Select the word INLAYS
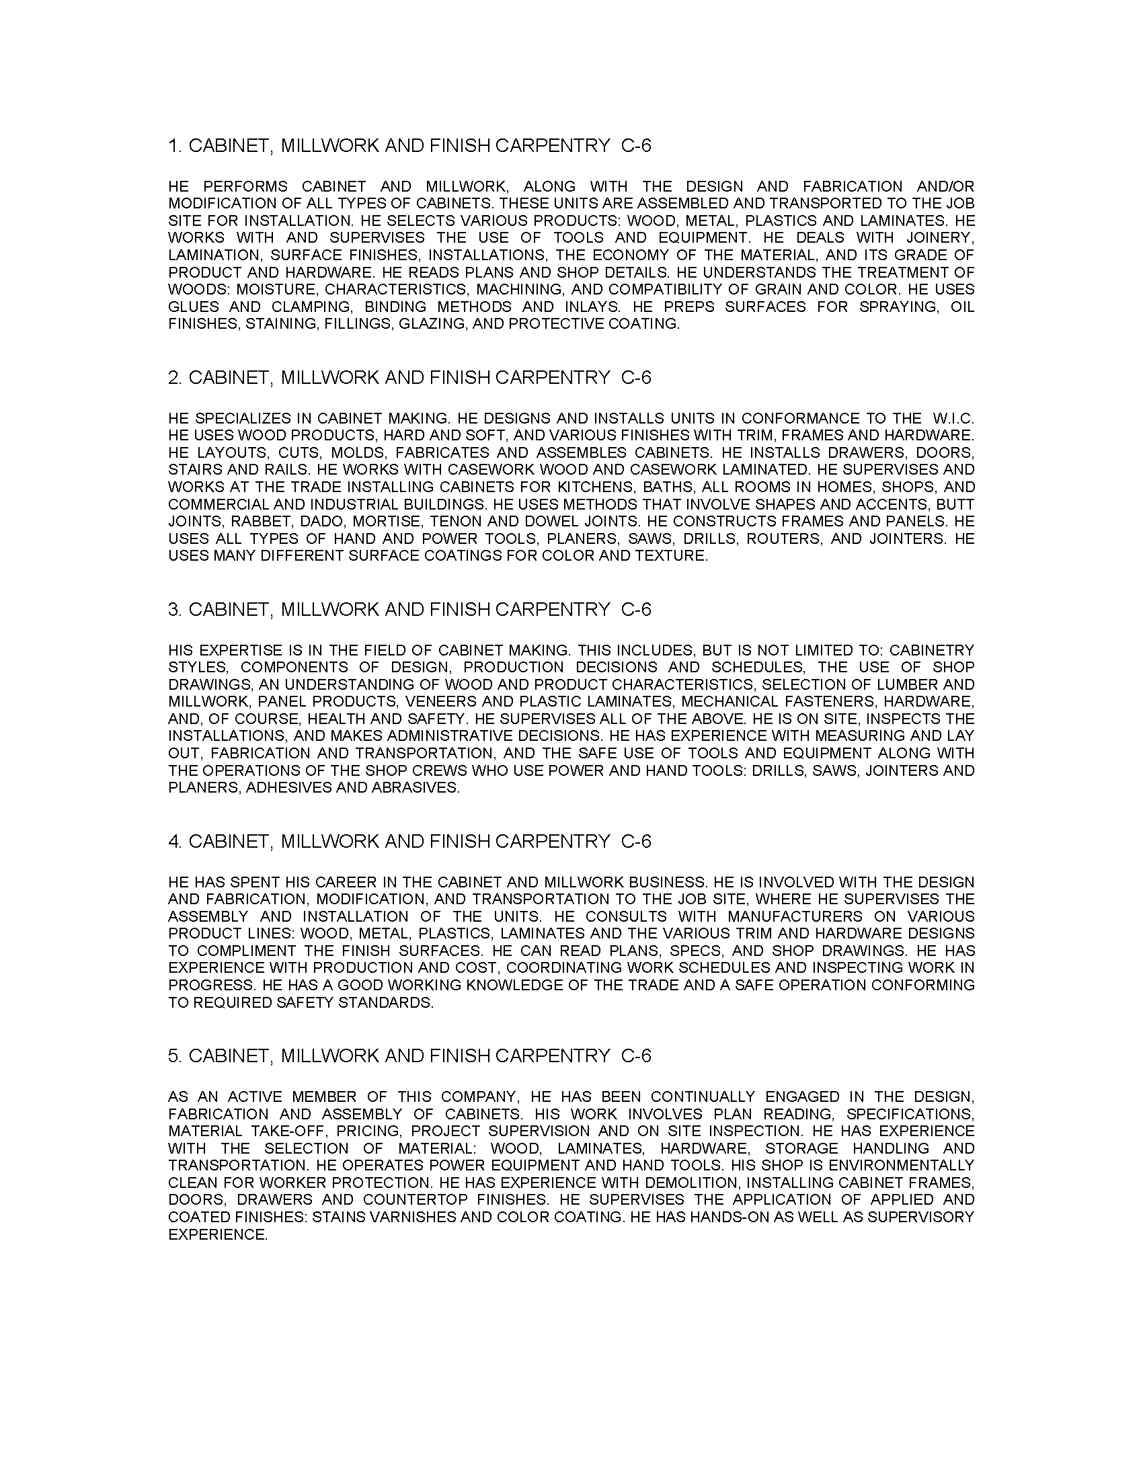(593, 307)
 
